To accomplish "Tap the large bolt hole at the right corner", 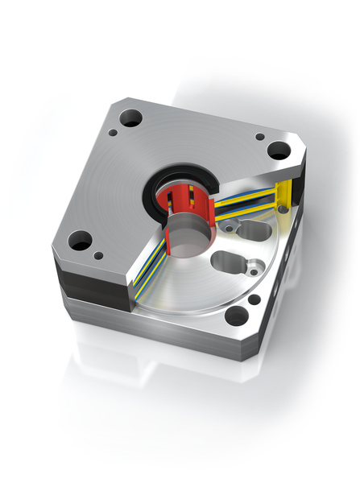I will [x=278, y=150].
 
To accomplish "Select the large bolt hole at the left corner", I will [x=81, y=240].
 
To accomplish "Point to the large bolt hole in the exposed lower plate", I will [x=237, y=316].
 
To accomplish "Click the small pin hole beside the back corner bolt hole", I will [x=115, y=134].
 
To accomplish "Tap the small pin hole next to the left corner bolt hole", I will [x=98, y=256].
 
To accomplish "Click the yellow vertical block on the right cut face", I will [x=283, y=196].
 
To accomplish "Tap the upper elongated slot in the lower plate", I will [x=253, y=232].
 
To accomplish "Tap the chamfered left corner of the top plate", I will [x=56, y=246].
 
